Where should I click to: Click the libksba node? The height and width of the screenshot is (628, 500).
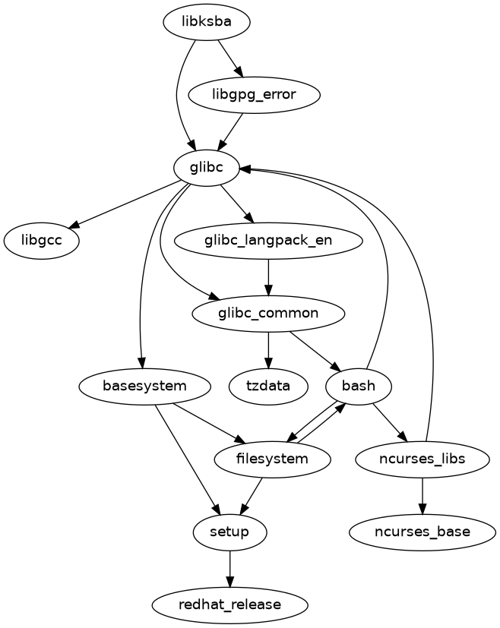coord(207,23)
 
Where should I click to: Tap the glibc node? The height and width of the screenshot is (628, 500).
coord(207,168)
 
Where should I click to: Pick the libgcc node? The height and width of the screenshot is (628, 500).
coord(43,241)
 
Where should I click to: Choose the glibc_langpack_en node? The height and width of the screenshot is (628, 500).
coord(268,241)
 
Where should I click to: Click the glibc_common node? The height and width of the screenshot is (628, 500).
coord(268,313)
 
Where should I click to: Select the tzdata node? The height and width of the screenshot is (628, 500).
coord(268,386)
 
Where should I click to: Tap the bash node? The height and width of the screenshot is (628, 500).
coord(358,386)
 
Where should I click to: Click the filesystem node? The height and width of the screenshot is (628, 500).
coord(272,459)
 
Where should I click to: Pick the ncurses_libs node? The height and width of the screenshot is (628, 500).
coord(422,459)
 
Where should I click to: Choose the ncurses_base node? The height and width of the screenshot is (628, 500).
coord(422,532)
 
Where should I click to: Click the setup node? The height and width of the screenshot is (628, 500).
coord(229,532)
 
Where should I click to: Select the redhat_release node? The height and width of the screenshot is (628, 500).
coord(229,604)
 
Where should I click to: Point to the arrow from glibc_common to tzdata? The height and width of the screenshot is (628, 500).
coord(268,349)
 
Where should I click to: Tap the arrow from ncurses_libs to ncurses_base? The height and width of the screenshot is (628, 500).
coord(422,495)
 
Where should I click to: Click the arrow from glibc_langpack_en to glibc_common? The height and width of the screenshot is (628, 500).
coord(268,276)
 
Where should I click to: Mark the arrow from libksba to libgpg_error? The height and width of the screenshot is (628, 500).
coord(230,58)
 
